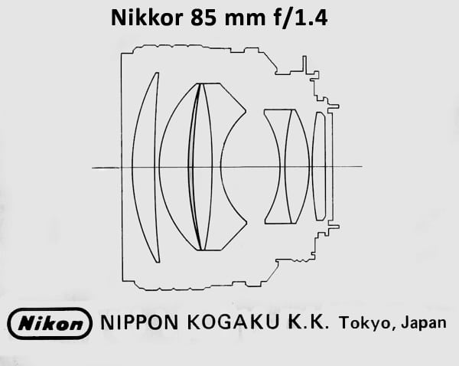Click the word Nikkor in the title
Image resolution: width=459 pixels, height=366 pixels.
pyautogui.click(x=147, y=18)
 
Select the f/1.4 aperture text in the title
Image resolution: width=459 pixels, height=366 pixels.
pyautogui.click(x=301, y=18)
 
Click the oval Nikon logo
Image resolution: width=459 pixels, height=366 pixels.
pyautogui.click(x=50, y=323)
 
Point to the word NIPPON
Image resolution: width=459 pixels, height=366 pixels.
pyautogui.click(x=139, y=322)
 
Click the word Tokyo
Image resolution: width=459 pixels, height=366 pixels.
pyautogui.click(x=365, y=323)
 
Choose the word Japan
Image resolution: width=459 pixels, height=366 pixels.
pyautogui.click(x=424, y=323)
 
